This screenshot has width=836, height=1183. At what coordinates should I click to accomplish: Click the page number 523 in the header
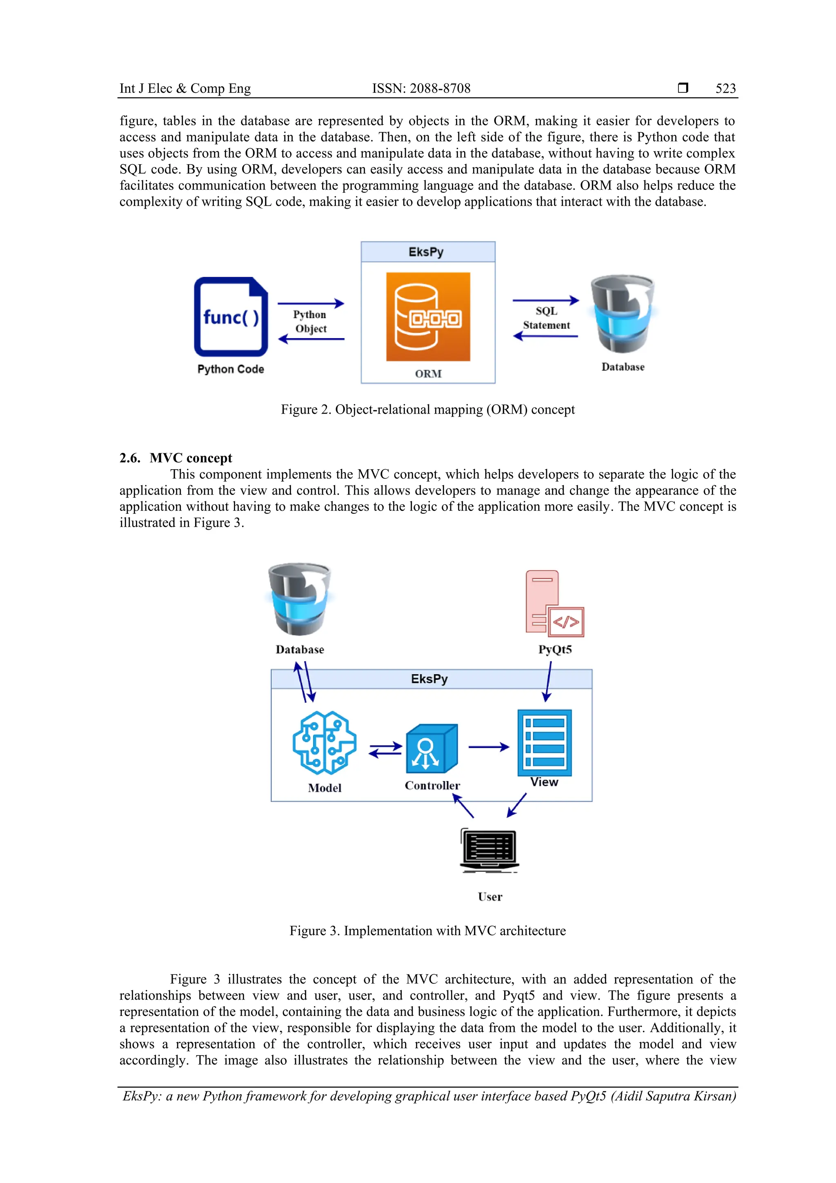click(x=725, y=89)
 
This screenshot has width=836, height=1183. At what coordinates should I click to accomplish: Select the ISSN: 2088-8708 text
click(x=421, y=89)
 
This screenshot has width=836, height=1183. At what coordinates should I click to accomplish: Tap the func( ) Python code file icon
click(x=231, y=317)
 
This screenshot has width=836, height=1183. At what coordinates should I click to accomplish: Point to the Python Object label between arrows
click(x=310, y=321)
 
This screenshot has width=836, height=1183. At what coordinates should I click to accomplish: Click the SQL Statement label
click(x=546, y=318)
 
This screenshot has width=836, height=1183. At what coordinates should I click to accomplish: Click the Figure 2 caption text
click(x=427, y=410)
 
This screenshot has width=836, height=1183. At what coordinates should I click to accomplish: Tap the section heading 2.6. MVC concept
click(x=176, y=458)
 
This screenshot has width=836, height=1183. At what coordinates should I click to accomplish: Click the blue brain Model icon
click(x=324, y=742)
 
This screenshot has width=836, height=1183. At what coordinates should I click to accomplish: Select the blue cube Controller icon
click(x=431, y=748)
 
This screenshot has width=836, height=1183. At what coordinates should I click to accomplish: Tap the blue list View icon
click(x=544, y=742)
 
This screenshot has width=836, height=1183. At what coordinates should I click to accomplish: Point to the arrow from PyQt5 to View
click(x=548, y=681)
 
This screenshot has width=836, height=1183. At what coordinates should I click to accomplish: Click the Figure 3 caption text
click(x=427, y=931)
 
